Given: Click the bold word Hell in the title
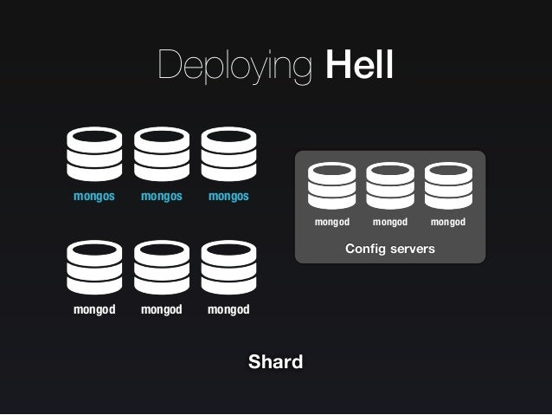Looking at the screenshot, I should (359, 66).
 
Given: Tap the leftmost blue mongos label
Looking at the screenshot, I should (94, 196).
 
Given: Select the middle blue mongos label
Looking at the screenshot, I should (162, 196).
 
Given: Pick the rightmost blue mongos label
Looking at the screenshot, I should (228, 196).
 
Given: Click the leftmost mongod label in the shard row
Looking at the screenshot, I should (94, 309).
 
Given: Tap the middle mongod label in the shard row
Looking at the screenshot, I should (162, 309).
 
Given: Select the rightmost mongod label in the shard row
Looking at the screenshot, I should (228, 309).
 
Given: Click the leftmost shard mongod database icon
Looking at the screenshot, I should (94, 268).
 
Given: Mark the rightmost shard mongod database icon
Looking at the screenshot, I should (228, 268).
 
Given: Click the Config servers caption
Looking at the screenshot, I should (390, 249).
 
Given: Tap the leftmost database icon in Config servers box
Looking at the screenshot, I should (332, 185).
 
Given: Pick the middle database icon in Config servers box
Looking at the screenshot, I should (390, 185).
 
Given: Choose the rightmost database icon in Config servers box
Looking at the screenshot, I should (448, 185).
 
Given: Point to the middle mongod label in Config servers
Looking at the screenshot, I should (390, 223).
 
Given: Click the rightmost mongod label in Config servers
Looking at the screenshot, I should (448, 223).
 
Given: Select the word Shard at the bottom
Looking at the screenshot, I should (275, 361).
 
